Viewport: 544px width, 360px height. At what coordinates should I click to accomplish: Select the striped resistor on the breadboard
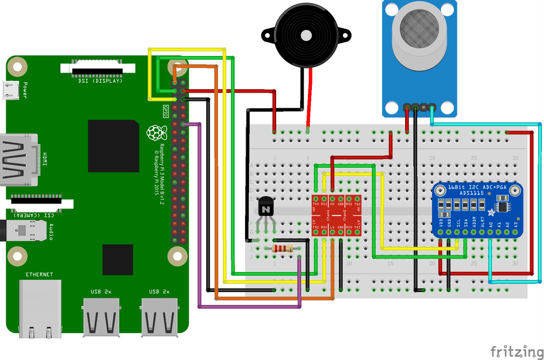pos(281,249)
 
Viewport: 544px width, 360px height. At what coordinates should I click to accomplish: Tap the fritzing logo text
pos(513,350)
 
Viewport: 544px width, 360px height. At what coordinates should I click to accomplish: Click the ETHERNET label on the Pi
pos(39,275)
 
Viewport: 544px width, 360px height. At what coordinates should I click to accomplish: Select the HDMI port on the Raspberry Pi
pos(21,159)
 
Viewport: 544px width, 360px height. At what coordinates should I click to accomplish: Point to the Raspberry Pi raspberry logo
pos(153,133)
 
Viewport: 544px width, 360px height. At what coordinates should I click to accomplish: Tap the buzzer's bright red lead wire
pos(310,98)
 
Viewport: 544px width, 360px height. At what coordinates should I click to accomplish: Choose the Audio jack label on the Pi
pos(51,231)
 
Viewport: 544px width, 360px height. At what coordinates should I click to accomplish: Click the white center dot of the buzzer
pos(306,35)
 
